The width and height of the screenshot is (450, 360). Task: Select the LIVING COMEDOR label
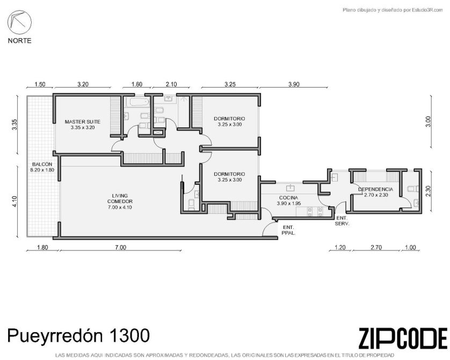click(120, 201)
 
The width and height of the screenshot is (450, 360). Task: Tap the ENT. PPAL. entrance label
click(288, 231)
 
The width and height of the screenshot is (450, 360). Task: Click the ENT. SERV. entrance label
click(342, 221)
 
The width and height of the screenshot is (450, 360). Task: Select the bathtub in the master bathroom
click(140, 102)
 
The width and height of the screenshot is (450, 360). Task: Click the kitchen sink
click(291, 188)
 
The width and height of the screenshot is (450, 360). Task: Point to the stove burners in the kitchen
click(315, 212)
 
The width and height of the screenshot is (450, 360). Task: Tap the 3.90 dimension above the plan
click(294, 84)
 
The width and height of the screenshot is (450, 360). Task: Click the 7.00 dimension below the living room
click(120, 247)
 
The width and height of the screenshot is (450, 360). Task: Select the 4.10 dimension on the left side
click(15, 201)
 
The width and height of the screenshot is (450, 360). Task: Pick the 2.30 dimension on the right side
click(428, 191)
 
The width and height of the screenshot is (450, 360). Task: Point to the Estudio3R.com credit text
click(427, 10)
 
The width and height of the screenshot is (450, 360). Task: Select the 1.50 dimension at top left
click(40, 84)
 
